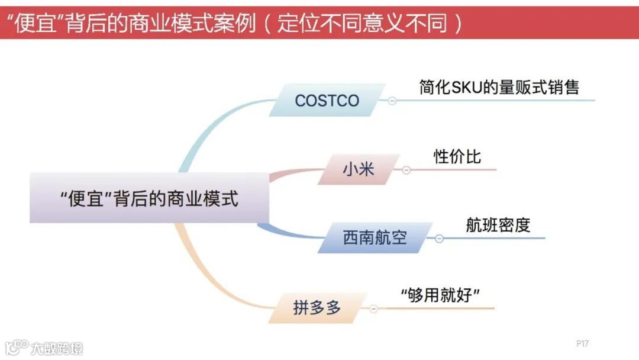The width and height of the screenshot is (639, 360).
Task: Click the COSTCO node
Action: (x=327, y=100)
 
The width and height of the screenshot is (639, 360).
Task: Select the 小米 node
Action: (x=358, y=169)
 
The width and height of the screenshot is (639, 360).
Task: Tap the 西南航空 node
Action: (x=375, y=238)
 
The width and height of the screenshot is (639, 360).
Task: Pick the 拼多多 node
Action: (x=317, y=308)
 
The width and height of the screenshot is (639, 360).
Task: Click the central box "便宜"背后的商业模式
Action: (x=149, y=198)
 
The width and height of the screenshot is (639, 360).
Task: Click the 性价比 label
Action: (x=457, y=156)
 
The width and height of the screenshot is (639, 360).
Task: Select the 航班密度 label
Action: (x=498, y=225)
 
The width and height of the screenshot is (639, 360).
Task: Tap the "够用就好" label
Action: (x=440, y=294)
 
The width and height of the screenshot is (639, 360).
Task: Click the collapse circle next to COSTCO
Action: (x=392, y=101)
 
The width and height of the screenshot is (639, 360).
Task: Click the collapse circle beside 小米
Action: (x=406, y=170)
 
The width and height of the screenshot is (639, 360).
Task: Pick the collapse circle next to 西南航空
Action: (x=439, y=239)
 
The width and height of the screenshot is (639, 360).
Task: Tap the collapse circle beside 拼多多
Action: (x=373, y=308)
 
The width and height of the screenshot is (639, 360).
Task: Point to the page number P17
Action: (x=582, y=343)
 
